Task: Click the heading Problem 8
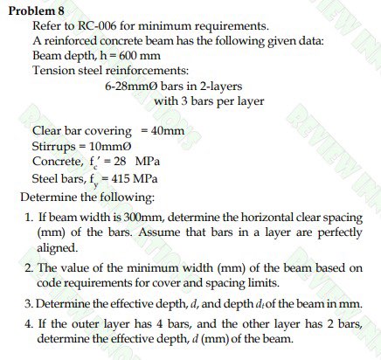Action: click(x=33, y=10)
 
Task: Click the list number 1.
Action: click(x=29, y=216)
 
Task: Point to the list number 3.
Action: click(x=28, y=303)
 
